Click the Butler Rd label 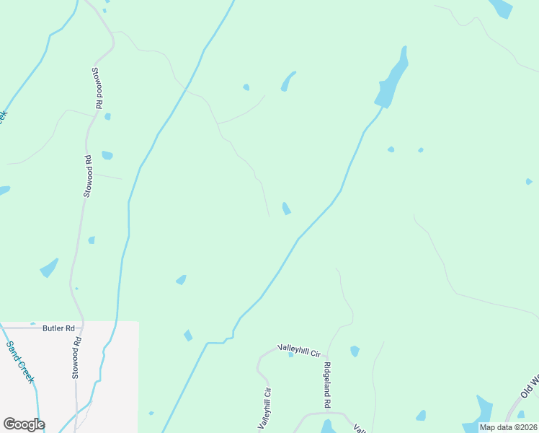(59, 328)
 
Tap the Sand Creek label (20, 362)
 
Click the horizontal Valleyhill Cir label (299, 350)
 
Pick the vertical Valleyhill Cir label (267, 408)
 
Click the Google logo (24, 424)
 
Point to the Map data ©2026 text (508, 427)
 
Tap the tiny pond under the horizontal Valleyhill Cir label (290, 354)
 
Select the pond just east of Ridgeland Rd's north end (355, 351)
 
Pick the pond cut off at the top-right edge (501, 7)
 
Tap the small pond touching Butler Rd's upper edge (32, 324)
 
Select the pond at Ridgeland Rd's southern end (327, 427)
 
